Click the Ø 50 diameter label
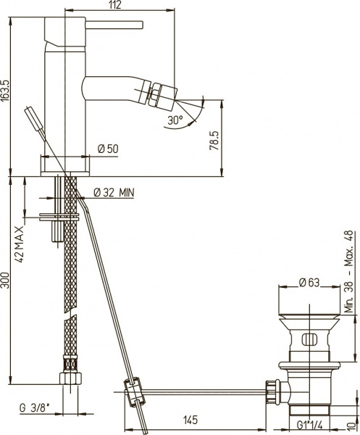pos(108,149)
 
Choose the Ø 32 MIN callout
pos(113,192)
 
